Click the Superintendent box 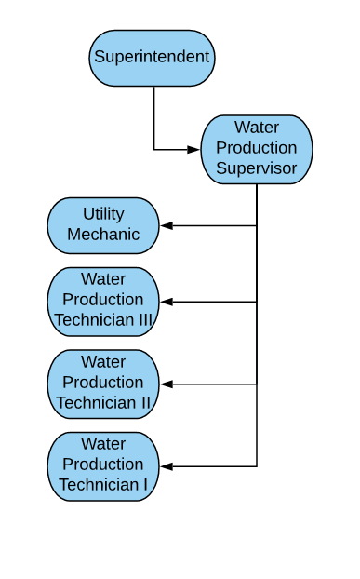pos(153,58)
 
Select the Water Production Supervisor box pos(256,149)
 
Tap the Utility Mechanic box pos(103,225)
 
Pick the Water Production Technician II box pos(103,384)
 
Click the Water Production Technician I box pos(103,465)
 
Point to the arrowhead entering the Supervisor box pos(194,149)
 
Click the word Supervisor pos(256,168)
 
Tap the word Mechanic pos(103,235)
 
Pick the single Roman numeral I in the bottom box pos(143,485)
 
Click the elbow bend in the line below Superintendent pos(154,149)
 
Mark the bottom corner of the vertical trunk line pos(257,465)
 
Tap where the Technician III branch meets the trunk pos(257,302)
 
